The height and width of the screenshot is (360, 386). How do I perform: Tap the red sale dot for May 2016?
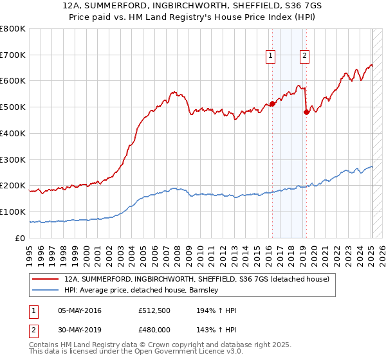(x=271, y=103)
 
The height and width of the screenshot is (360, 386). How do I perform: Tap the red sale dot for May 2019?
(x=306, y=112)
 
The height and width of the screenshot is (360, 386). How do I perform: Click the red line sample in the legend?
(x=46, y=280)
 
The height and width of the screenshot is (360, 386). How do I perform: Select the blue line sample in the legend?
(x=46, y=291)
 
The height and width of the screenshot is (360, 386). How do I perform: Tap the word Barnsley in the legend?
(x=204, y=291)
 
